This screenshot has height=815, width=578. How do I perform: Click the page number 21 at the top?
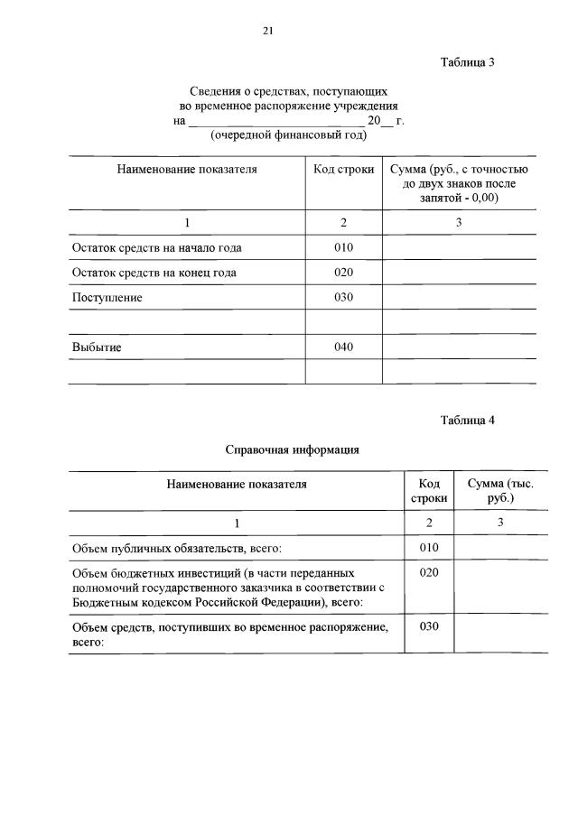268,31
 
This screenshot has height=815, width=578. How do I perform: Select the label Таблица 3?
467,62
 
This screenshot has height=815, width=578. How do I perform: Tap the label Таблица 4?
467,420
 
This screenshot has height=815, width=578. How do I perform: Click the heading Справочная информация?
293,449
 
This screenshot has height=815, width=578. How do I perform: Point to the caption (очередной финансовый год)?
289,135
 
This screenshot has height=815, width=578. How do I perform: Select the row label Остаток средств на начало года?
157,248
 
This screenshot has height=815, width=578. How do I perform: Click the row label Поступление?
107,297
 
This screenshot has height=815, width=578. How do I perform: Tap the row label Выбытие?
97,347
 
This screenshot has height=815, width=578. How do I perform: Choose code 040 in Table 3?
343,347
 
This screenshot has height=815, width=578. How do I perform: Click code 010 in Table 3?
343,248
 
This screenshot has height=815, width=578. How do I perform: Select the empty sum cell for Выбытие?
459,347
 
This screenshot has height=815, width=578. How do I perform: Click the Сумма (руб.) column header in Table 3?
459,183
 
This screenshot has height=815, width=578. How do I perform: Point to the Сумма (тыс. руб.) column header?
500,491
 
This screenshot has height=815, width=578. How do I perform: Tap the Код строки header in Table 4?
429,491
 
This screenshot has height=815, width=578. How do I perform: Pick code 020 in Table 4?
429,573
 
